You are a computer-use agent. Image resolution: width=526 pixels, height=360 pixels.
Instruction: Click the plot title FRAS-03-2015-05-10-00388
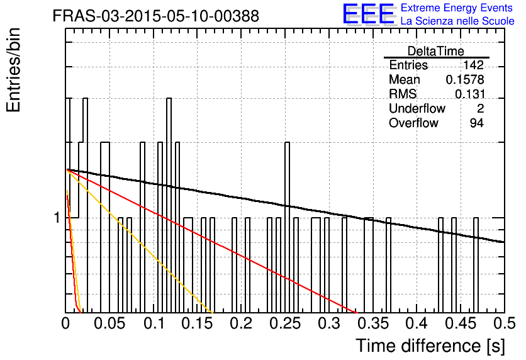click(156, 16)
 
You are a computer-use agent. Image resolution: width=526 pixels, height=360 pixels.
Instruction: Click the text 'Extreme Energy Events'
click(457, 8)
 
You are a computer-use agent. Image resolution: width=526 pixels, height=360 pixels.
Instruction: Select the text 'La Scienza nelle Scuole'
click(457, 21)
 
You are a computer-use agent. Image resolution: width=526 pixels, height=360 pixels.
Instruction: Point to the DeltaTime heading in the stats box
click(436, 51)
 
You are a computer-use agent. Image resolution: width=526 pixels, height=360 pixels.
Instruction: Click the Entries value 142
click(473, 65)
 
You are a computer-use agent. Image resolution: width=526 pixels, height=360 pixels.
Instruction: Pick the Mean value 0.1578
click(465, 79)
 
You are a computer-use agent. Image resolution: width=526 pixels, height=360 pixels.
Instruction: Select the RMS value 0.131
click(469, 94)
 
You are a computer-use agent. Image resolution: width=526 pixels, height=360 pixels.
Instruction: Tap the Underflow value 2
click(480, 108)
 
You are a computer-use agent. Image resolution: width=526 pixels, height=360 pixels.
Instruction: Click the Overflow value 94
click(477, 123)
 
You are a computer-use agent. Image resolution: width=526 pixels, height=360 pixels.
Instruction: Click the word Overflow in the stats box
click(413, 123)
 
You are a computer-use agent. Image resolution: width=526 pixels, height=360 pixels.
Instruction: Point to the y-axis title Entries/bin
click(14, 70)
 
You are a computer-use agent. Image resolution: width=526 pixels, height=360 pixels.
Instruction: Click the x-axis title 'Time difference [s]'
click(430, 346)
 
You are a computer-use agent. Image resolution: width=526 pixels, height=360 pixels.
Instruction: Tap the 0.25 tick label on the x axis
click(286, 323)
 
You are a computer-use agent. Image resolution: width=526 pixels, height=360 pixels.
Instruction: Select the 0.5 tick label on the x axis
click(504, 323)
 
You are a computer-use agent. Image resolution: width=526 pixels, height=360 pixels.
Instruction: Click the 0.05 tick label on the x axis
click(109, 323)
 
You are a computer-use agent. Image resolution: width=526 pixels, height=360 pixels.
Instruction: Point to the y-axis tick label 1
click(57, 218)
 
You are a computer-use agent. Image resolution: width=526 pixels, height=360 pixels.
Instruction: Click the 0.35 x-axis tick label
click(373, 323)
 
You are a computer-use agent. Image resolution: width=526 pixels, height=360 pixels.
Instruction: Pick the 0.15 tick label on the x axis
click(198, 323)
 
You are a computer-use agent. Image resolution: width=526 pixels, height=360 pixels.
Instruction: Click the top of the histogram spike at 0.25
click(287, 143)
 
